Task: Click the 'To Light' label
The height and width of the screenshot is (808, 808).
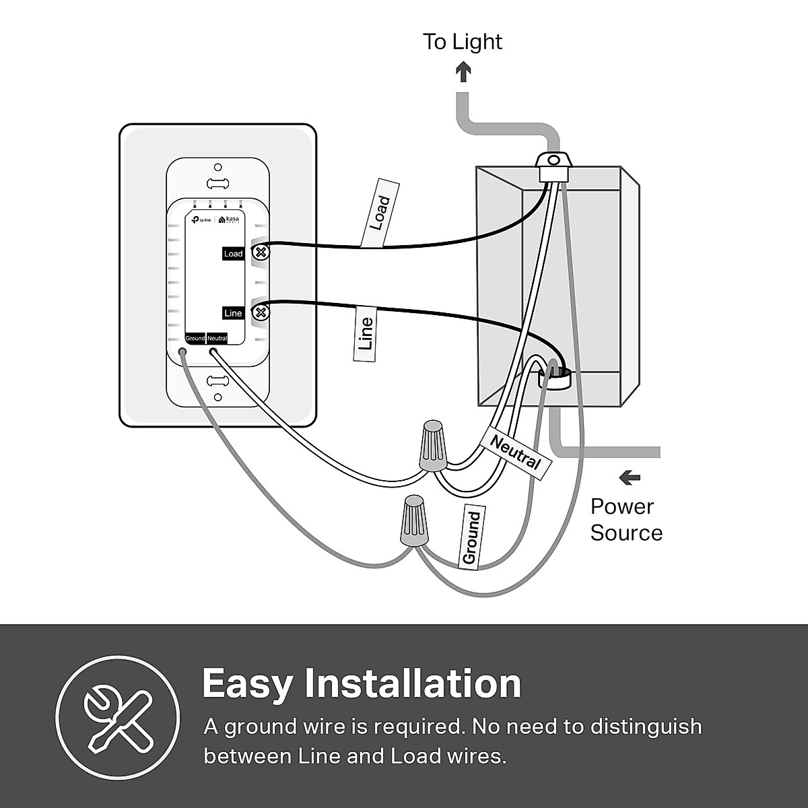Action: [463, 42]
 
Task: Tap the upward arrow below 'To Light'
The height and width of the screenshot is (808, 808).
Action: [463, 71]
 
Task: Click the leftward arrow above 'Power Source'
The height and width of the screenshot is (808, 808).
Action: [630, 478]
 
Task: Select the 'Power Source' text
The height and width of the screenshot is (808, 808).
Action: [626, 520]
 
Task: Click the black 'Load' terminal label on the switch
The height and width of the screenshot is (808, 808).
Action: [233, 254]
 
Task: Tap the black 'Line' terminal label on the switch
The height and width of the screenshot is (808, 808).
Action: [233, 313]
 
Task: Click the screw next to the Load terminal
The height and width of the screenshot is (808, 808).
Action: [261, 253]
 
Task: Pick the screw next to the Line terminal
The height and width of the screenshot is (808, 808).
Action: [261, 312]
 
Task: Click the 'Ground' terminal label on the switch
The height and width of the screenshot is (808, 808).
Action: [195, 338]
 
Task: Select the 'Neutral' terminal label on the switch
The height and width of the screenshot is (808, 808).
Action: [217, 338]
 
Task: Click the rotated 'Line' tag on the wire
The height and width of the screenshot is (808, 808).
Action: [365, 333]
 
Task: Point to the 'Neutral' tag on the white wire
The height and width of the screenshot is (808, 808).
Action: [516, 452]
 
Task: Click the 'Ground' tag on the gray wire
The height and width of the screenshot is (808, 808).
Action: [471, 537]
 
